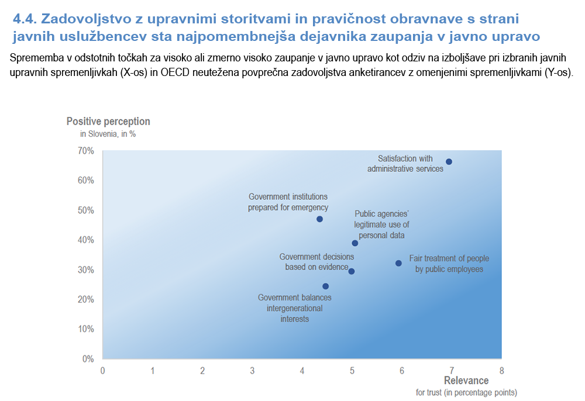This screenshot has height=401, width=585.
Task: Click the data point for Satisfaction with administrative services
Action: pyautogui.click(x=449, y=162)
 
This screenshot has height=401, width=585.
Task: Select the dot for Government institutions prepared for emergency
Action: pyautogui.click(x=319, y=219)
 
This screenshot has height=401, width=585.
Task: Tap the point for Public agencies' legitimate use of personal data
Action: pyautogui.click(x=355, y=243)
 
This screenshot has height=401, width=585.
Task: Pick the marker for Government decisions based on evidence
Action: pyautogui.click(x=351, y=271)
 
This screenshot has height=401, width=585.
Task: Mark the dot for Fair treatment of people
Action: pyautogui.click(x=398, y=264)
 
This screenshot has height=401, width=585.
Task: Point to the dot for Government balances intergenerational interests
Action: pyautogui.click(x=325, y=286)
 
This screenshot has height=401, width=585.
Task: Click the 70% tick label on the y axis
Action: pyautogui.click(x=86, y=151)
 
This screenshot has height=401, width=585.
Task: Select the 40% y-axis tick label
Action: pyautogui.click(x=86, y=240)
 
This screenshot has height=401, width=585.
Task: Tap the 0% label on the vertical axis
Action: pyautogui.click(x=88, y=358)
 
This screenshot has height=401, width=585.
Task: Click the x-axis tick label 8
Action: pyautogui.click(x=501, y=371)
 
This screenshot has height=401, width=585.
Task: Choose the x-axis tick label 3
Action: pyautogui.click(x=252, y=371)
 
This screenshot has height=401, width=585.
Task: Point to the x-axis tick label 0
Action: pyautogui.click(x=102, y=371)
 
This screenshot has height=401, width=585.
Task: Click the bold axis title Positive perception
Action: pyautogui.click(x=108, y=122)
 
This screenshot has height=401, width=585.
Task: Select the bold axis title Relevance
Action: pyautogui.click(x=466, y=381)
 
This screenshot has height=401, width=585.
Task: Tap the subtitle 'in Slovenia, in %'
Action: pyautogui.click(x=108, y=134)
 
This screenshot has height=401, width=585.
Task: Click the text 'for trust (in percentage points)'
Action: pyautogui.click(x=466, y=392)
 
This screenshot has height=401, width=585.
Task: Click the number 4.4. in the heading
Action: pyautogui.click(x=25, y=19)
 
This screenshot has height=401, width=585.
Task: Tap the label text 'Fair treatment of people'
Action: pyautogui.click(x=449, y=258)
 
